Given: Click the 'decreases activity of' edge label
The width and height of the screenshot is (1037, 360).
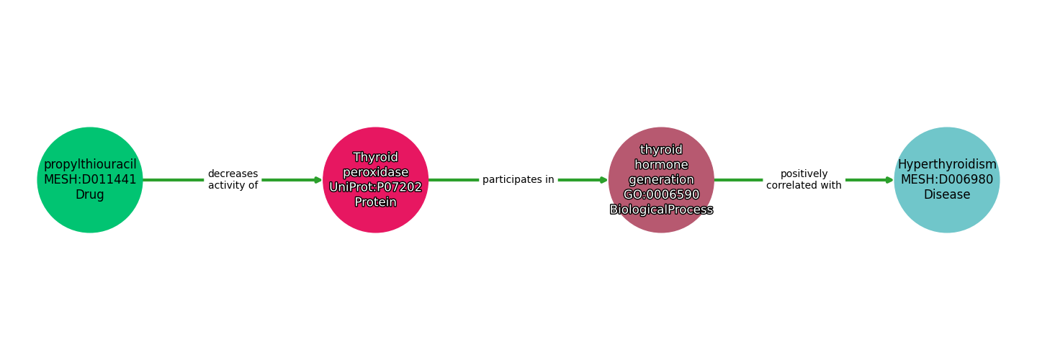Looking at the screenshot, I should [x=233, y=180].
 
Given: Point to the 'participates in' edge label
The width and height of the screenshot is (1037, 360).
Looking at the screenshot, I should [x=518, y=180].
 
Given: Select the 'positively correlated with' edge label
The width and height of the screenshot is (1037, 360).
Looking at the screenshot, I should [x=804, y=180].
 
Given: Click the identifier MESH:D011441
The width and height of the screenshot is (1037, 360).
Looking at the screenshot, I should [x=90, y=180].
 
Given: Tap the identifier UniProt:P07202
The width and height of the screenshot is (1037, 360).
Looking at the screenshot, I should [x=375, y=187].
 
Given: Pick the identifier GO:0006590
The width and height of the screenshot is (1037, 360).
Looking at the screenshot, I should [x=661, y=195].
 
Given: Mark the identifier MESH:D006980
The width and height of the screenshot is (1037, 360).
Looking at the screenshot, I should [x=946, y=180].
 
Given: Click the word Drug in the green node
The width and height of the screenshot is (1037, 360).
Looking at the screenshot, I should [x=90, y=195].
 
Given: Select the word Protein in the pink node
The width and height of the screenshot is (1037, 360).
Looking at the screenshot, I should [x=375, y=202].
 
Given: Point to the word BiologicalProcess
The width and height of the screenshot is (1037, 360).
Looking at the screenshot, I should [x=661, y=210].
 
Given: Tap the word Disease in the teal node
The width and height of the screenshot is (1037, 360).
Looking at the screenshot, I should [x=946, y=195].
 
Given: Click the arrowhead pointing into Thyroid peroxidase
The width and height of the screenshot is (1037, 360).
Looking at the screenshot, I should [x=318, y=180].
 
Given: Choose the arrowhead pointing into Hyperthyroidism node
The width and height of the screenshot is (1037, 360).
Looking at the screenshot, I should [x=889, y=180].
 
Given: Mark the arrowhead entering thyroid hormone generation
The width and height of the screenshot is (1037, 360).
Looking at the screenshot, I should [x=603, y=180].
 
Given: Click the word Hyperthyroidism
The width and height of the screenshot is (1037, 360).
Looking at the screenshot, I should [x=946, y=165].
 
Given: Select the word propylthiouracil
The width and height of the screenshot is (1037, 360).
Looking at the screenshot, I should [x=90, y=165].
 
